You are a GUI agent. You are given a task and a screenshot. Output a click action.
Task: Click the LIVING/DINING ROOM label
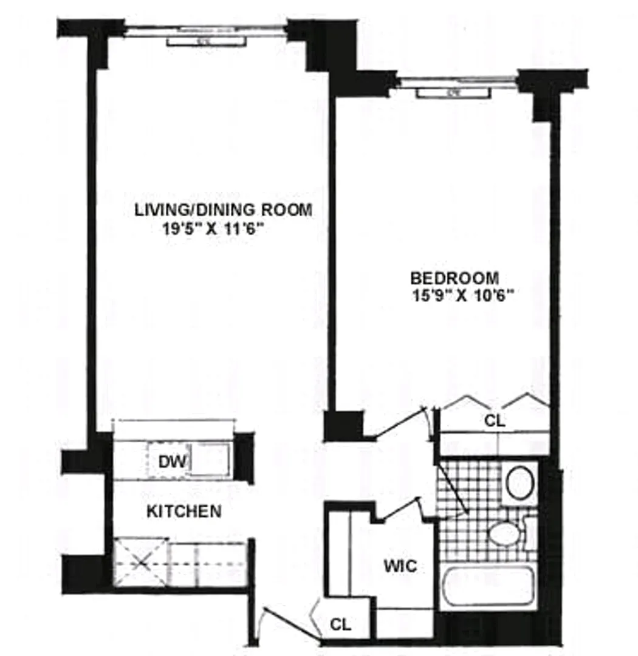point(223,210)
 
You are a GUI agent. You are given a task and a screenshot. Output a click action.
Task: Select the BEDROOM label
point(454,279)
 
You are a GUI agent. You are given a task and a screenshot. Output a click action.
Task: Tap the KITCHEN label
point(184,511)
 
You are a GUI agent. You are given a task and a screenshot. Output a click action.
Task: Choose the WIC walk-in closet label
point(400,566)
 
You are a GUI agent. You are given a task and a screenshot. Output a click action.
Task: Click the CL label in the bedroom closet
point(495,420)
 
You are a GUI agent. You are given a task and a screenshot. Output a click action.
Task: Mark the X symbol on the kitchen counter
point(140,563)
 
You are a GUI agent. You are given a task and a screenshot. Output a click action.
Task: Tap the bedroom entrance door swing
point(401,424)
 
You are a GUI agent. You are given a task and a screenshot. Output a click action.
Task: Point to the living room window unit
point(207,41)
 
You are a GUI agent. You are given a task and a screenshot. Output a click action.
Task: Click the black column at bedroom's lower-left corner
point(343,426)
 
